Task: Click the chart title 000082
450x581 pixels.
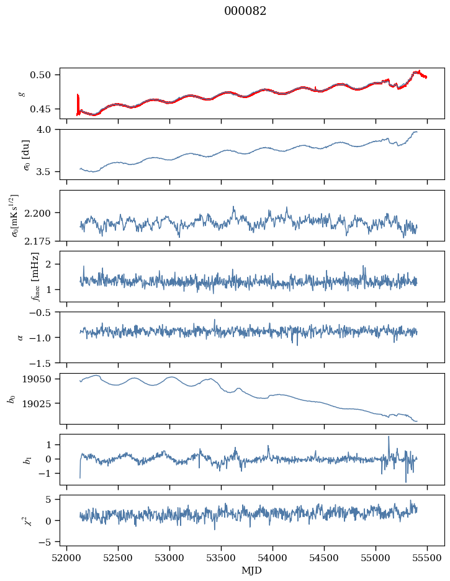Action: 245,11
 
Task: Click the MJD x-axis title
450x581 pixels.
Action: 251,570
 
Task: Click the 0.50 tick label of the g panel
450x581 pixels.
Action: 40,75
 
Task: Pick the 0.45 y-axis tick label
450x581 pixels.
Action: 40,109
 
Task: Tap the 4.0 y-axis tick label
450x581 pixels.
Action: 43,130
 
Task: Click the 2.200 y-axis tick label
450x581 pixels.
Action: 37,213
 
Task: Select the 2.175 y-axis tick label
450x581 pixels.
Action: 37,241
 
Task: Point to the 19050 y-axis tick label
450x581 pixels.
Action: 36,379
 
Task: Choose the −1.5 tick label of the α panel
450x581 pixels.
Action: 40,363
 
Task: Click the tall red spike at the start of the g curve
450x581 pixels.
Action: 78,104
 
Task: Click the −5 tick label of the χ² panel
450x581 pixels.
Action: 45,542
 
